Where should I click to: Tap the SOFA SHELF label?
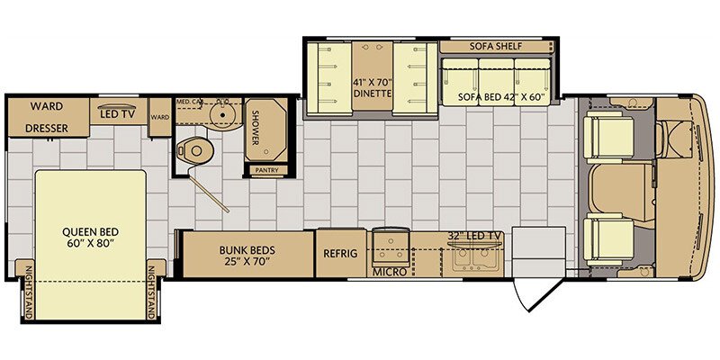point(495,46)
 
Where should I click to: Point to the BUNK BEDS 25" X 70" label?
point(247,255)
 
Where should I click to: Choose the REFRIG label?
point(340,254)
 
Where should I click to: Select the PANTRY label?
point(267,169)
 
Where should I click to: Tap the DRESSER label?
point(47,129)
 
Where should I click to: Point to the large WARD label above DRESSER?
point(47,105)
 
